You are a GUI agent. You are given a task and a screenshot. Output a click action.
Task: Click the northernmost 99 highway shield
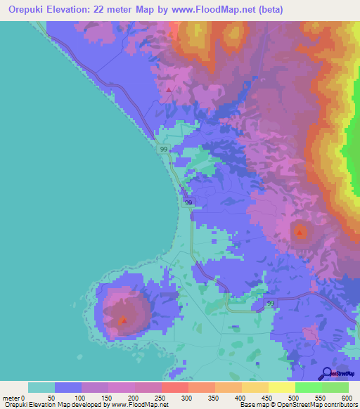(x=164, y=150)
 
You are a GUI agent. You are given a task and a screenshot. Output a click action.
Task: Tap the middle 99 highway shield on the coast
(x=188, y=202)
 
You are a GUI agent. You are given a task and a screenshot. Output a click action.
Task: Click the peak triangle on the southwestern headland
(x=124, y=321)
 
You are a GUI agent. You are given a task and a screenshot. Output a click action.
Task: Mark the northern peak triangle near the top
(x=169, y=89)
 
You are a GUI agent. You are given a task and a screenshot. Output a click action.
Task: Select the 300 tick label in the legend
(x=187, y=398)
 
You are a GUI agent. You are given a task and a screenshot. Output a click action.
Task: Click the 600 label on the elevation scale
(x=347, y=398)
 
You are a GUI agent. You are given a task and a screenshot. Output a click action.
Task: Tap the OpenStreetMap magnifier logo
(x=327, y=374)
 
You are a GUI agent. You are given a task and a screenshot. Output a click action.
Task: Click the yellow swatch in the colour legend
(x=281, y=387)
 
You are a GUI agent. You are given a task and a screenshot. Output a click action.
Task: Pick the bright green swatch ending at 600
(x=335, y=387)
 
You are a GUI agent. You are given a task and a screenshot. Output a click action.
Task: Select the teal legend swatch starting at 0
(x=41, y=387)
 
